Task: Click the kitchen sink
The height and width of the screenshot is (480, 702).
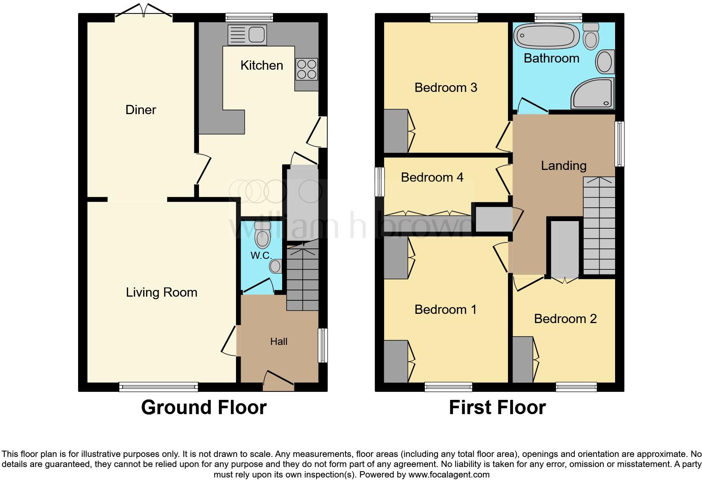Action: tap(247, 35)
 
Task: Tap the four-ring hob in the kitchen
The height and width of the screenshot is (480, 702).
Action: tap(306, 69)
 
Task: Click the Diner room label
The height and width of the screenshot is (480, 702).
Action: tap(141, 110)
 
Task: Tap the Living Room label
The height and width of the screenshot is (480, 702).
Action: tap(162, 292)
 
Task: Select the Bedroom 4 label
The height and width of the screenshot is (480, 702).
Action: tap(432, 177)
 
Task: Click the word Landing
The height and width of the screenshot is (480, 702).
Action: tap(563, 166)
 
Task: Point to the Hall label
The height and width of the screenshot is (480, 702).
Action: tap(279, 342)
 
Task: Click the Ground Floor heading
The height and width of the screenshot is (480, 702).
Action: tap(204, 407)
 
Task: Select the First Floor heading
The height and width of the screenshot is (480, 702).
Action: tap(497, 407)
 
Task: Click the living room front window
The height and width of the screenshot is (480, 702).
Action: tap(158, 387)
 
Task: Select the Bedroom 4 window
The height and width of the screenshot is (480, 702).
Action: tap(380, 182)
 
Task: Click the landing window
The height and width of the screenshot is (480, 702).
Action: tap(619, 144)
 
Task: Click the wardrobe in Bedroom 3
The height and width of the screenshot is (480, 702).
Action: tap(396, 131)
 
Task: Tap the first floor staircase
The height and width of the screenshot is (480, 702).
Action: tap(599, 227)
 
